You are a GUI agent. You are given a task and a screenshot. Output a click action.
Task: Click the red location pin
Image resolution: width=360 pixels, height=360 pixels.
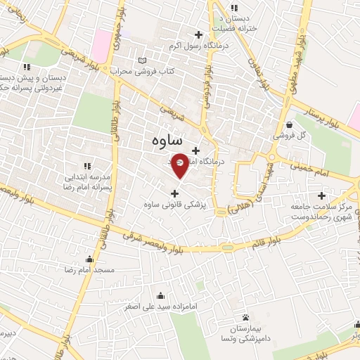181,165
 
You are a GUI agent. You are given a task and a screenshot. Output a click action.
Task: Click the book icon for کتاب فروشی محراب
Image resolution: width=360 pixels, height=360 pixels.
144,61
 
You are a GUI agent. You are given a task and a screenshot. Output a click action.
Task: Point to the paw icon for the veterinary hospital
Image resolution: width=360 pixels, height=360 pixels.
245,318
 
